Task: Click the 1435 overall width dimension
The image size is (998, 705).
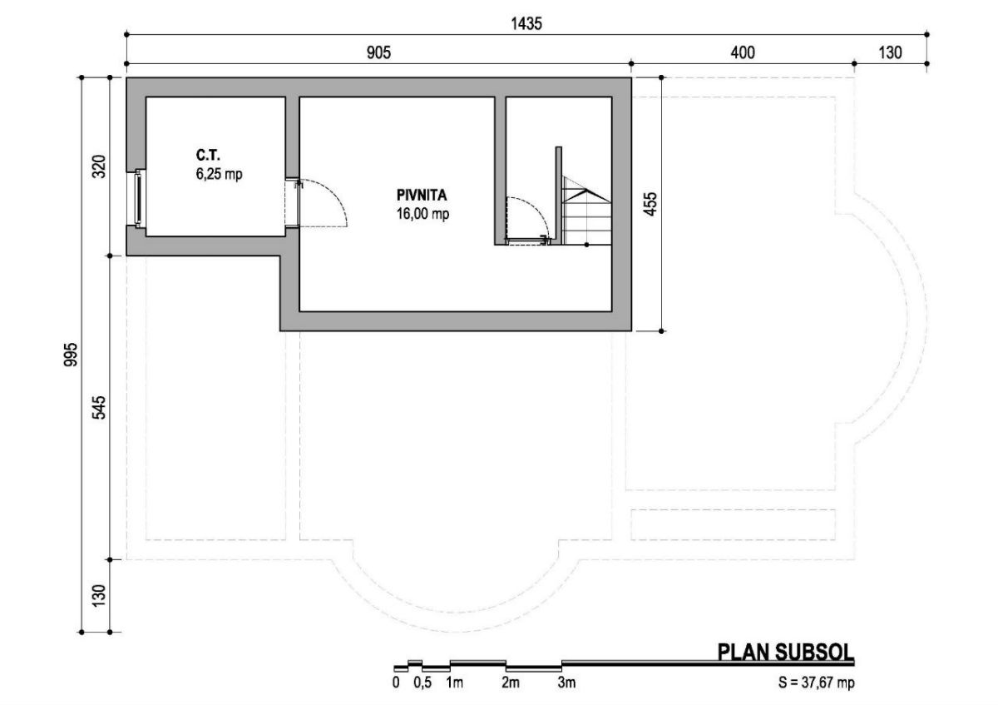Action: click(526, 23)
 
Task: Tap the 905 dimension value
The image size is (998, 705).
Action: click(378, 53)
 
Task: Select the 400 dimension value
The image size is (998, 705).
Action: click(743, 53)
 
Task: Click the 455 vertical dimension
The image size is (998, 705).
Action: click(651, 204)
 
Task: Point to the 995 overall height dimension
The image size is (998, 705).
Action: click(71, 355)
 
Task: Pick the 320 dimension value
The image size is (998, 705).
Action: click(99, 166)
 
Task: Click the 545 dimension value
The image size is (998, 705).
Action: click(99, 407)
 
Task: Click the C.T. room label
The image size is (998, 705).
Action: click(208, 155)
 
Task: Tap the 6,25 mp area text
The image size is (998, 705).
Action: click(220, 174)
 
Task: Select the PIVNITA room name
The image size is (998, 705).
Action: click(422, 195)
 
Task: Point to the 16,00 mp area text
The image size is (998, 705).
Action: click(422, 214)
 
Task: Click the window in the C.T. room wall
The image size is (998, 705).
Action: click(139, 198)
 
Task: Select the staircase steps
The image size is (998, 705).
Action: click(585, 211)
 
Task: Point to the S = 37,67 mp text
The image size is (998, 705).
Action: click(817, 683)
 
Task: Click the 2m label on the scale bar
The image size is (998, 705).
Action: click(511, 683)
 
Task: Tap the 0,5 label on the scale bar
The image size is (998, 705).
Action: click(422, 683)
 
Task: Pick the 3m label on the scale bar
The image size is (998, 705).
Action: click(566, 683)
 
